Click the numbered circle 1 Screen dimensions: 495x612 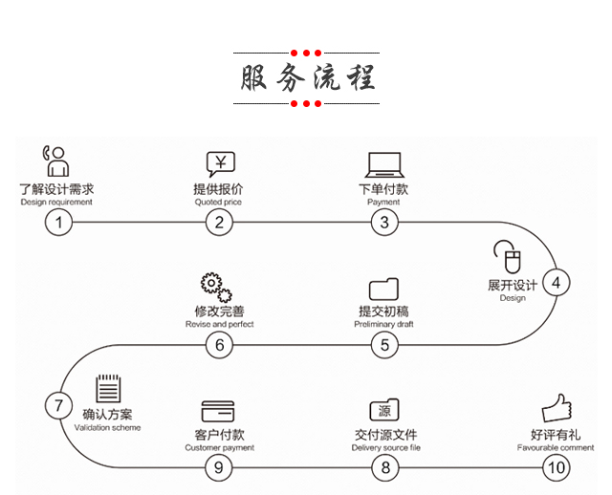(58, 223)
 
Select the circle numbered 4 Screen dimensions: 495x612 (556, 282)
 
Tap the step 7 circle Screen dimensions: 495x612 (58, 405)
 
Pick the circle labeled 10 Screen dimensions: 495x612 (556, 467)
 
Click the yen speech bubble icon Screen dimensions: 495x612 (220, 162)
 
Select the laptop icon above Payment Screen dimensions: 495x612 (383, 163)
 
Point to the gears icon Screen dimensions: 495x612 (215, 288)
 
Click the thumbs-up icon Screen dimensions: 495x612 (556, 409)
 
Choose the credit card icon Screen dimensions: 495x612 (218, 412)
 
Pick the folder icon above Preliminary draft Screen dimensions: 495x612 (383, 289)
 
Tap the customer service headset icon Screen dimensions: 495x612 (56, 161)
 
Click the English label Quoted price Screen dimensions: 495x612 (219, 203)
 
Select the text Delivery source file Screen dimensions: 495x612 (385, 447)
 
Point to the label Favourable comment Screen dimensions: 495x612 (556, 447)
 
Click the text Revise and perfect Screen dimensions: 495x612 (219, 325)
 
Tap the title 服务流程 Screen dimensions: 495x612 (306, 77)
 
